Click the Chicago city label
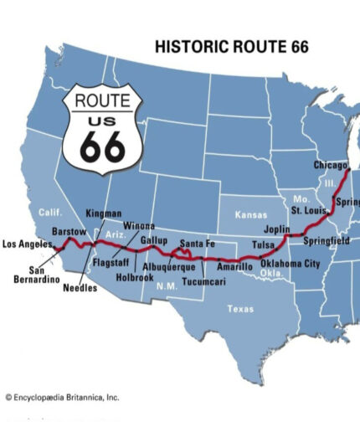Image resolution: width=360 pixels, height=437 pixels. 330,165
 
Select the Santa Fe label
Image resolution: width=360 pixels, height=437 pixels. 198,244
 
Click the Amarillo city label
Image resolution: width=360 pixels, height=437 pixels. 234,266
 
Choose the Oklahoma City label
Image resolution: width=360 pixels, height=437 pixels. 289,264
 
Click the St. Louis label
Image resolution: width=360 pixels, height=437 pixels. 308,211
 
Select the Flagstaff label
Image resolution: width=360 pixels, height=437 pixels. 110,262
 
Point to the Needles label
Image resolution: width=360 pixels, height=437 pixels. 80,288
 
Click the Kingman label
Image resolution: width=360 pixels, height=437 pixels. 103,213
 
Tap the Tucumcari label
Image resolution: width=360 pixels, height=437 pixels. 203,282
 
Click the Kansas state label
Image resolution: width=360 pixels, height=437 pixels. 250,215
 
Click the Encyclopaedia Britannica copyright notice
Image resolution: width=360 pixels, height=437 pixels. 63,397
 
